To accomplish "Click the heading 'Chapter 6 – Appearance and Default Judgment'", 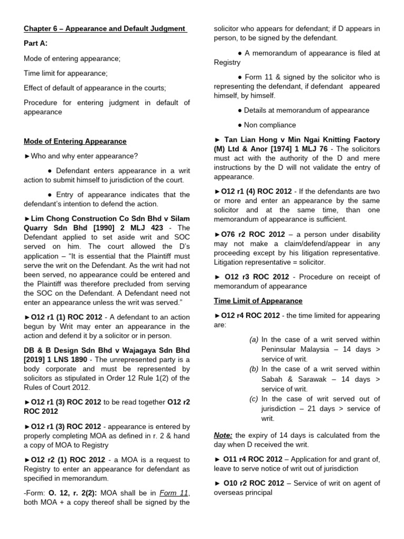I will pos(105,28).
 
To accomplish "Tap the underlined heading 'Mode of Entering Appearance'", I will pos(75,141).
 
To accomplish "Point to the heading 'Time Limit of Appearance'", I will pos(258,301).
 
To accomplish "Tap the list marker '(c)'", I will pos(254,398).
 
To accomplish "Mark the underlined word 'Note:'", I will pos(223,435).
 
